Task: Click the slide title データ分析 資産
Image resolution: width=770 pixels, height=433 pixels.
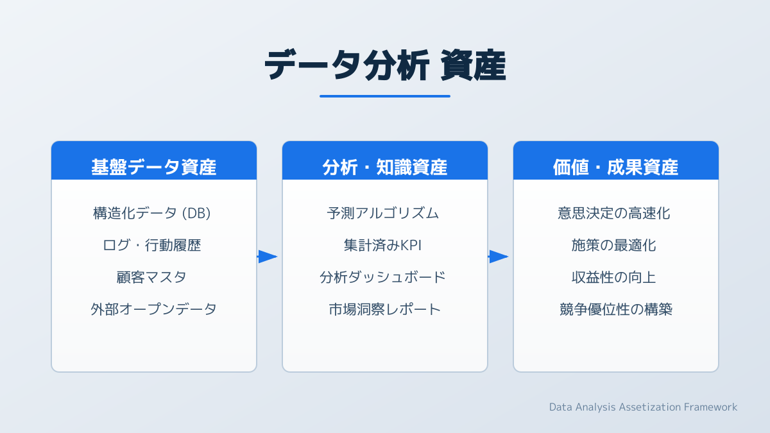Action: pyautogui.click(x=385, y=65)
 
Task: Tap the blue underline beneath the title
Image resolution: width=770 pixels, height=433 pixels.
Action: pyautogui.click(x=385, y=96)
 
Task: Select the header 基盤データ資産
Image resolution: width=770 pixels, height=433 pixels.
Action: pyautogui.click(x=153, y=167)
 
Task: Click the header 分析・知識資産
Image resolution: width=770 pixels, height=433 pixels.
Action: pyautogui.click(x=384, y=167)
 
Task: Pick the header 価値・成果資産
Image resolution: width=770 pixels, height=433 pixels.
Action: pyautogui.click(x=615, y=167)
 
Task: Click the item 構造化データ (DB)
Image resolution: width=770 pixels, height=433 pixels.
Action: pyautogui.click(x=151, y=213)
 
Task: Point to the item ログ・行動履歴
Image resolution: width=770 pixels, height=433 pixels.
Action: pyautogui.click(x=151, y=245)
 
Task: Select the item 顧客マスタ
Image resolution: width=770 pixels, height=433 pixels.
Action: pyautogui.click(x=151, y=277)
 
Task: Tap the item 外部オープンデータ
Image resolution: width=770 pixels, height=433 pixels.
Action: pyautogui.click(x=153, y=309)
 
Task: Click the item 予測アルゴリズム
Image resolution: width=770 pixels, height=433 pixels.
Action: pyautogui.click(x=382, y=213)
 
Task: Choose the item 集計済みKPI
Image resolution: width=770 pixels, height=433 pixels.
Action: pyautogui.click(x=382, y=245)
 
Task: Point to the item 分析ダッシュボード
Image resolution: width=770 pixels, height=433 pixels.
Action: pyautogui.click(x=382, y=277)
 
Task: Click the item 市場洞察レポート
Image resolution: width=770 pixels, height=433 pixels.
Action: pyautogui.click(x=384, y=309)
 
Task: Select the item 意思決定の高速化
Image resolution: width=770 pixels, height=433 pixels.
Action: pyautogui.click(x=613, y=213)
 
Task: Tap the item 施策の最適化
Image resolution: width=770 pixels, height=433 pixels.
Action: pyautogui.click(x=613, y=245)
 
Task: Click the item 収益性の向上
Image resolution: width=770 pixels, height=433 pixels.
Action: pyautogui.click(x=613, y=277)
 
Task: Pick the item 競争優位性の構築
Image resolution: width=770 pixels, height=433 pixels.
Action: pyautogui.click(x=615, y=309)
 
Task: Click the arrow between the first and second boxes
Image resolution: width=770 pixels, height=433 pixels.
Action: pyautogui.click(x=268, y=257)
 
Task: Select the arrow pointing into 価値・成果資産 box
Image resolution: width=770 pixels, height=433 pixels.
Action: pyautogui.click(x=499, y=257)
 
